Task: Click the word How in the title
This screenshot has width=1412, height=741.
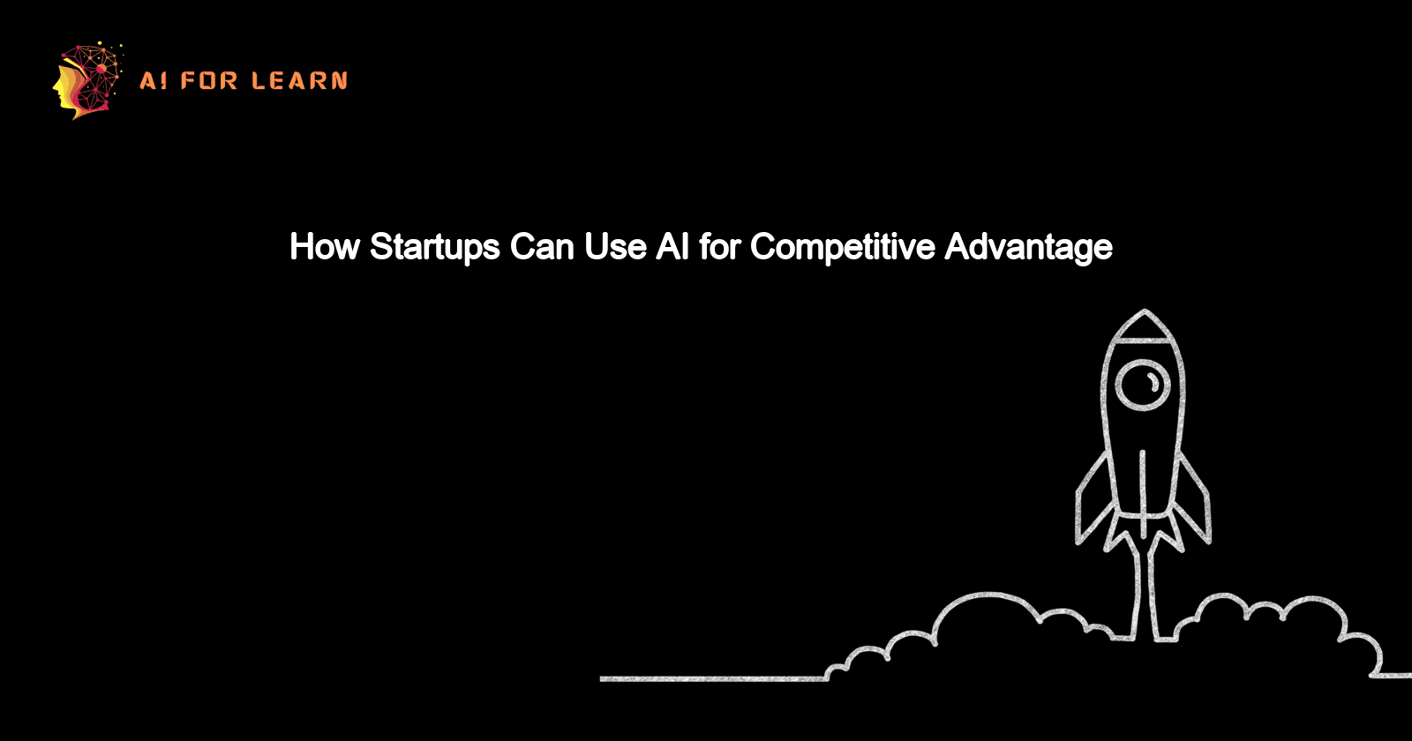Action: (325, 247)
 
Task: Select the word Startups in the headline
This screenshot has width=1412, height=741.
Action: (435, 248)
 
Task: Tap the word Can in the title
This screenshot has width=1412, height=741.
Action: (542, 247)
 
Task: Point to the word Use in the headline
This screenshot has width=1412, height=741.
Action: (614, 247)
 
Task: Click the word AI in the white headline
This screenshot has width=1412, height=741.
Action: (672, 247)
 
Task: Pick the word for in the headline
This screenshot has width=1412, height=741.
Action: (719, 247)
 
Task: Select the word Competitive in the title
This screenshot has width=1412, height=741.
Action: (842, 248)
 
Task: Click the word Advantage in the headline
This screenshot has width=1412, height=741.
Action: (1028, 248)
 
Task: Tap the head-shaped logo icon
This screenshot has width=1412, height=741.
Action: (86, 80)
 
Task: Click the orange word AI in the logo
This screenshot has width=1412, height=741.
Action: (153, 81)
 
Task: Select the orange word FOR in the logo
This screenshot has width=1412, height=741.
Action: (209, 81)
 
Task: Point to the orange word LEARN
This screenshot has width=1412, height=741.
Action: (299, 81)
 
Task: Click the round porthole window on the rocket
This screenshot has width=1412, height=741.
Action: (1143, 384)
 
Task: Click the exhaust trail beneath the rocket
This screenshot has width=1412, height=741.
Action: (1143, 582)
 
